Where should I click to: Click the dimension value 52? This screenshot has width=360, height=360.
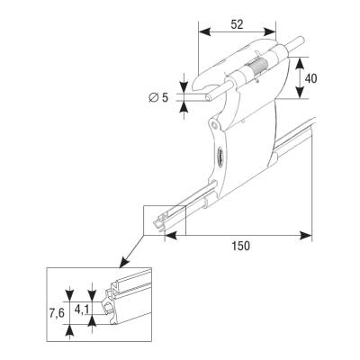tap(237, 24)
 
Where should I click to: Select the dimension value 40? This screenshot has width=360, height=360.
tap(310, 78)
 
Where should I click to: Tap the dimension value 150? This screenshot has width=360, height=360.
tap(241, 246)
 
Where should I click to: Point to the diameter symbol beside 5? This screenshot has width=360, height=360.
tap(154, 97)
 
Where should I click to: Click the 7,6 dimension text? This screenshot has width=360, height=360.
tap(57, 313)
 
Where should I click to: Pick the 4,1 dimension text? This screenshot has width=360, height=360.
tap(81, 310)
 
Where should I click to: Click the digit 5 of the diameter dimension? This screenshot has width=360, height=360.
tap(166, 97)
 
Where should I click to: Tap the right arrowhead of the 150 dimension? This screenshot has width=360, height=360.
tap(306, 235)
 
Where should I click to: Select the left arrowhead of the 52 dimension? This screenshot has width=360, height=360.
tap(204, 31)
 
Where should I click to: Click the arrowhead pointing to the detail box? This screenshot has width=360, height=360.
tap(123, 262)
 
